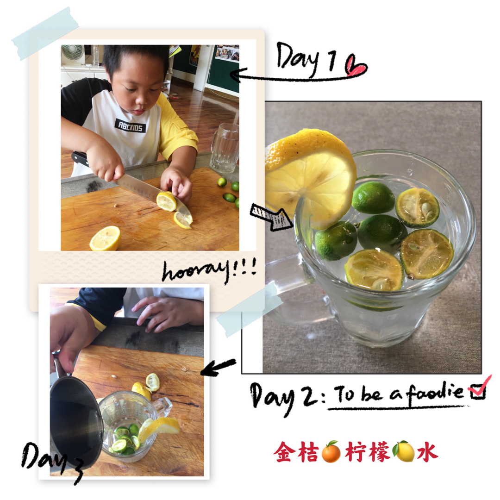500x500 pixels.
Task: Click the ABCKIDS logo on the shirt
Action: point(130,125)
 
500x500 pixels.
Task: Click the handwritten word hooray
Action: point(196,272)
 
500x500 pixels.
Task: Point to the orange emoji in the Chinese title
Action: point(331,451)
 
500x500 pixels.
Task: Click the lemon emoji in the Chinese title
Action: point(404,451)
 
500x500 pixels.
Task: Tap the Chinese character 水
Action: point(428,451)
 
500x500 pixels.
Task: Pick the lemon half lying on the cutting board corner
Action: point(105,238)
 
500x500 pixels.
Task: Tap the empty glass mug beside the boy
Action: point(225,148)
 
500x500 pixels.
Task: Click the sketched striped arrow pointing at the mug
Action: point(271,217)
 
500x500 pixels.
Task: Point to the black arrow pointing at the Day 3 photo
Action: point(218,367)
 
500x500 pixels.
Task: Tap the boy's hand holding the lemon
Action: point(177,184)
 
